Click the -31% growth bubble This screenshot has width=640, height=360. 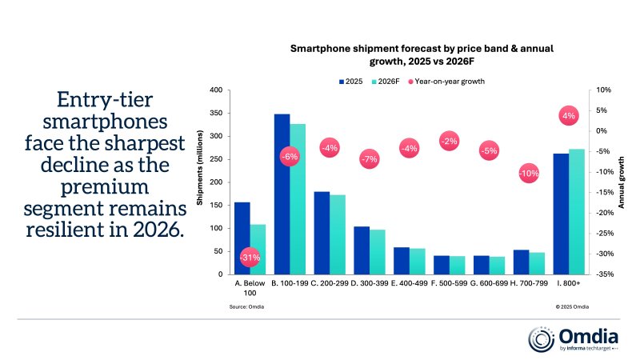click(250, 258)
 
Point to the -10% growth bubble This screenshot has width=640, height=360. click(529, 174)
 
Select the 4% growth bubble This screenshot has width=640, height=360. click(569, 116)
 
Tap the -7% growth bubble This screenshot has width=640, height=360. click(369, 160)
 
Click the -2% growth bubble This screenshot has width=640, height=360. click(449, 141)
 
